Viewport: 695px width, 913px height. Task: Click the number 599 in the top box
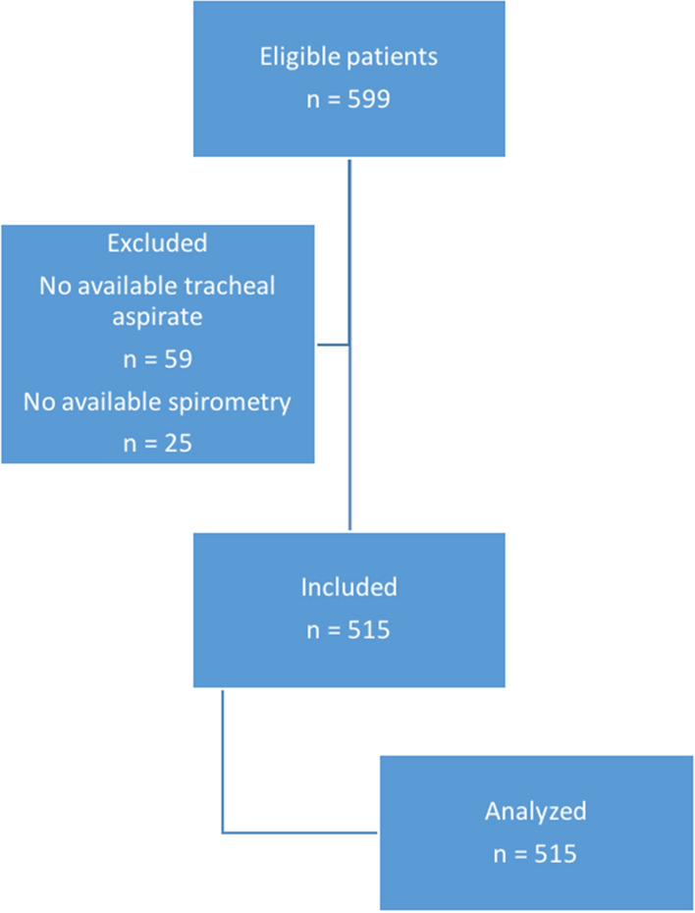[374, 99]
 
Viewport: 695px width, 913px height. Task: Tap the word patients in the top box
[392, 57]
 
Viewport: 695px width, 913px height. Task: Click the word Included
[348, 587]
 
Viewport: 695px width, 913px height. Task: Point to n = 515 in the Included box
[348, 629]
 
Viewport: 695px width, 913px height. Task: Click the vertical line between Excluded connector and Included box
[349, 442]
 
